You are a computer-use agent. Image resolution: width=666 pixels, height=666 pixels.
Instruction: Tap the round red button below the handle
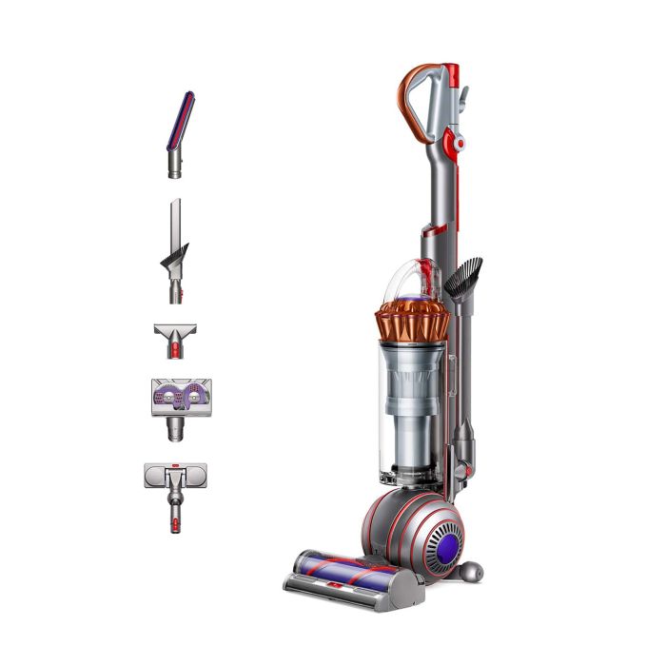tap(459, 144)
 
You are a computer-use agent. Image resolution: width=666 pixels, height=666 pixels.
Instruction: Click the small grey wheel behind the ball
tap(469, 571)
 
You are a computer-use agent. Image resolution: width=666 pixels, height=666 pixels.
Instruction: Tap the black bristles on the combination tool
tap(177, 256)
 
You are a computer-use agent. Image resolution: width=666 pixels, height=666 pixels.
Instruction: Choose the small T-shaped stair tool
tap(174, 339)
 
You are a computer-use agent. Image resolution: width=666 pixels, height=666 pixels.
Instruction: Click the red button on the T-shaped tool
tap(174, 351)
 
